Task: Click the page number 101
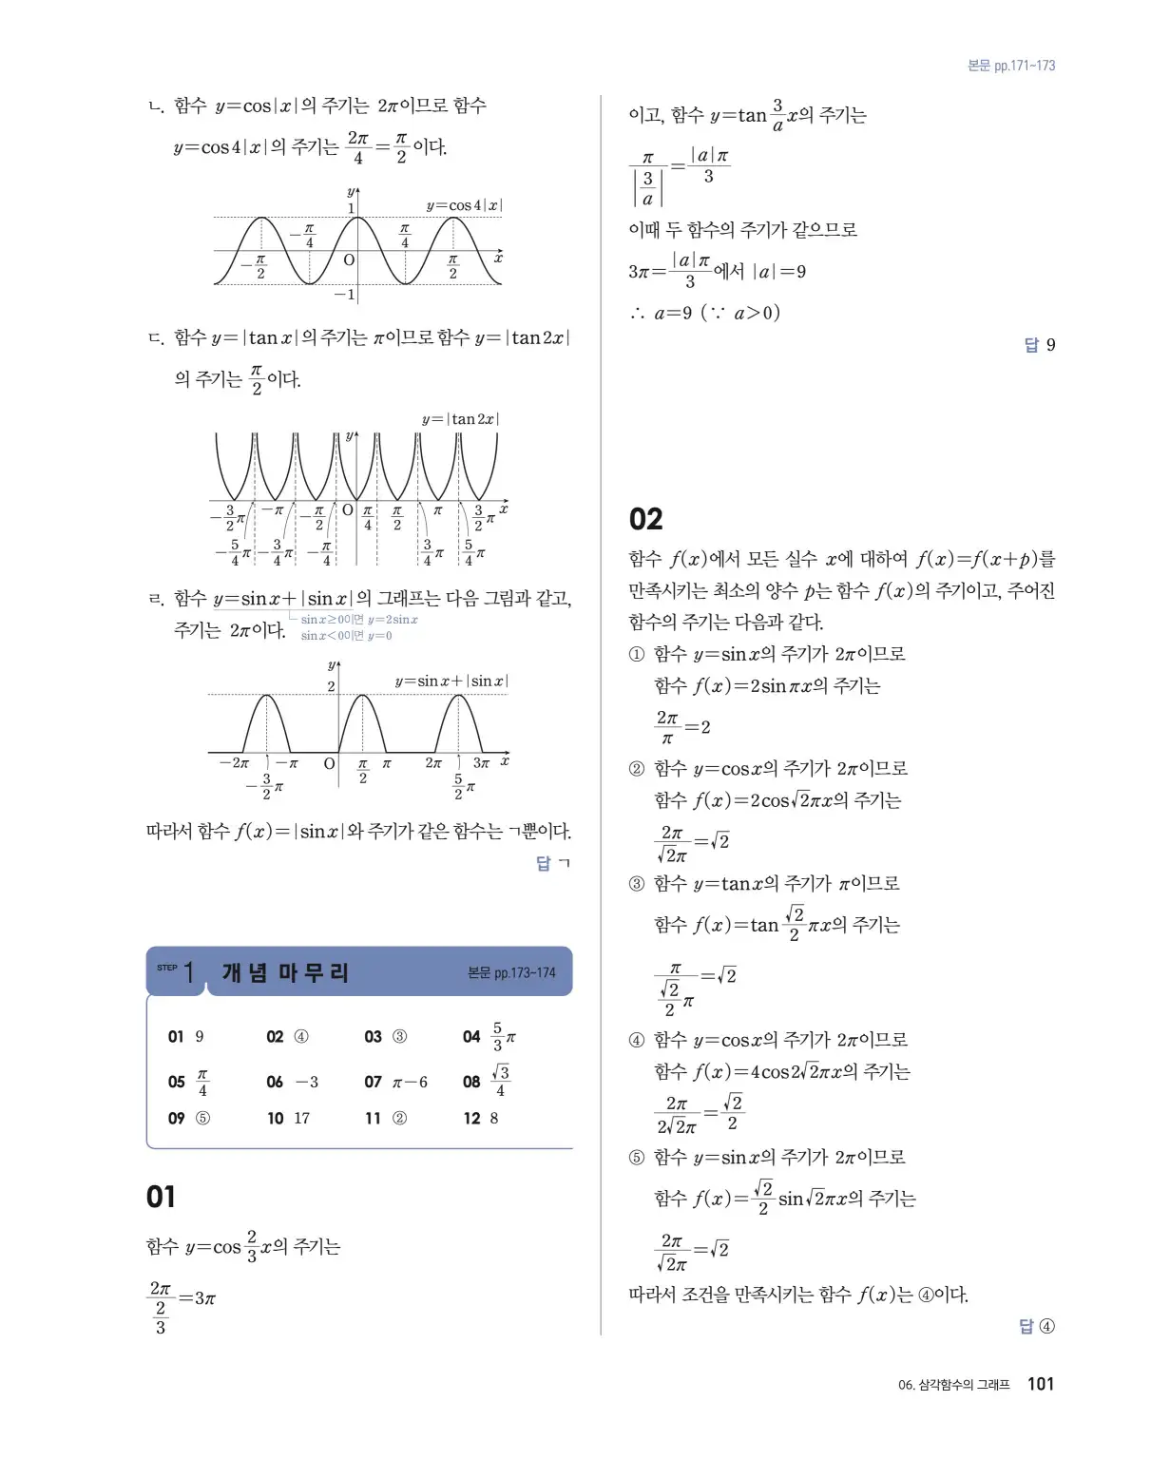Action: pyautogui.click(x=1041, y=1384)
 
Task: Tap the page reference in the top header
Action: pyautogui.click(x=1011, y=66)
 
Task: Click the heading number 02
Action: pyautogui.click(x=646, y=519)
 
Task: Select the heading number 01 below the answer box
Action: pyautogui.click(x=162, y=1197)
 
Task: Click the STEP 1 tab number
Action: pyautogui.click(x=188, y=972)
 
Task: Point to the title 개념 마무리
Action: pyautogui.click(x=286, y=972)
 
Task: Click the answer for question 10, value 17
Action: pyautogui.click(x=301, y=1119)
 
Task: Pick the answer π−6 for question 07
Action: pyautogui.click(x=410, y=1082)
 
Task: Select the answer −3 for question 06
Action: pyautogui.click(x=307, y=1082)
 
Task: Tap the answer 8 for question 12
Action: pyautogui.click(x=494, y=1119)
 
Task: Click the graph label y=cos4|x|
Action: pyautogui.click(x=464, y=205)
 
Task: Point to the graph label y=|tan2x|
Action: pyautogui.click(x=460, y=419)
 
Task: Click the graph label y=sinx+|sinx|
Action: pyautogui.click(x=451, y=681)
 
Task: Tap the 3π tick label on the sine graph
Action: pyautogui.click(x=481, y=762)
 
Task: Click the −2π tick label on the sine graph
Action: pyautogui.click(x=234, y=762)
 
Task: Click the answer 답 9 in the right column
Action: pyautogui.click(x=1040, y=345)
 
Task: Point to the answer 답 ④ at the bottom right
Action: pyautogui.click(x=1036, y=1326)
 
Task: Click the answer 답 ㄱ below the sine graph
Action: pyautogui.click(x=552, y=863)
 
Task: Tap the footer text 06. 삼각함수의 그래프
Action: pyautogui.click(x=953, y=1385)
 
